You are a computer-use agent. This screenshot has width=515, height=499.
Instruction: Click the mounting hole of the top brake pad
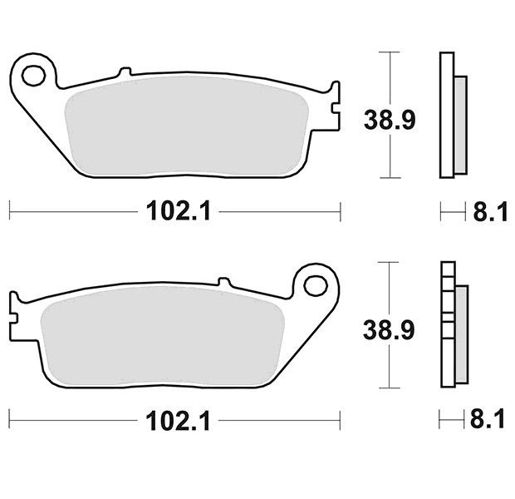pyautogui.click(x=33, y=76)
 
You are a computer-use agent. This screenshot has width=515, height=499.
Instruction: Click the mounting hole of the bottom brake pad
pyautogui.click(x=316, y=285)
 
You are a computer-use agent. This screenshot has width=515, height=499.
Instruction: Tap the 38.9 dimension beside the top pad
pyautogui.click(x=390, y=120)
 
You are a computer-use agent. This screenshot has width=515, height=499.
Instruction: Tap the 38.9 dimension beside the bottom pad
pyautogui.click(x=389, y=330)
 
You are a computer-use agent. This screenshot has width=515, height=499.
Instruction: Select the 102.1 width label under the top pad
pyautogui.click(x=178, y=211)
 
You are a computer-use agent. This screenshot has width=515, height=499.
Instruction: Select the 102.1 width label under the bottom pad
pyautogui.click(x=178, y=421)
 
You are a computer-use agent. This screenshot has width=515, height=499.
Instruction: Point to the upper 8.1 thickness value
pyautogui.click(x=490, y=211)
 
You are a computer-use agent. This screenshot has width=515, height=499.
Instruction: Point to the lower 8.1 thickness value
pyautogui.click(x=487, y=418)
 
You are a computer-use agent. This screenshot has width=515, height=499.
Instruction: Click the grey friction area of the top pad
pyautogui.click(x=187, y=126)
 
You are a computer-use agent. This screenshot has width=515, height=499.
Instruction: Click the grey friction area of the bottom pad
pyautogui.click(x=162, y=336)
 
